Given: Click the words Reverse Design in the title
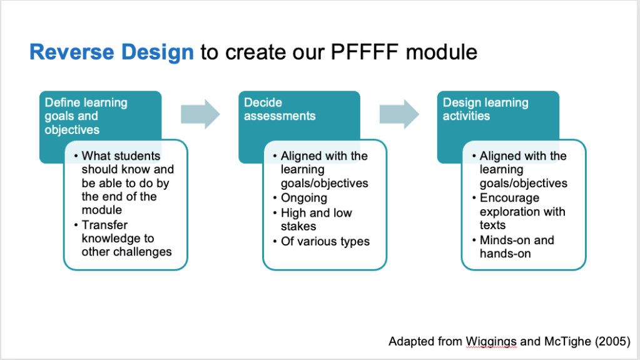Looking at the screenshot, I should point(111,52).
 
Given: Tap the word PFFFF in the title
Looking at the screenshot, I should point(370,52).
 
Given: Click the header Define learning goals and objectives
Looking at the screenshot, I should point(86,116).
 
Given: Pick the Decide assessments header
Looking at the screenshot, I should point(280,109).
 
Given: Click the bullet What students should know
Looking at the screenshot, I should point(128,183).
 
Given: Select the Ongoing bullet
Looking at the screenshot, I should point(304,198).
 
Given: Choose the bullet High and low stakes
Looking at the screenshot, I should point(317,219).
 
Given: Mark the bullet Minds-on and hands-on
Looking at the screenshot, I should point(517,247).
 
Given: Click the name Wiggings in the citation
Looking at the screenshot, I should point(491,341).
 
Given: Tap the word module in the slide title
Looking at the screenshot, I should point(441,52).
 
